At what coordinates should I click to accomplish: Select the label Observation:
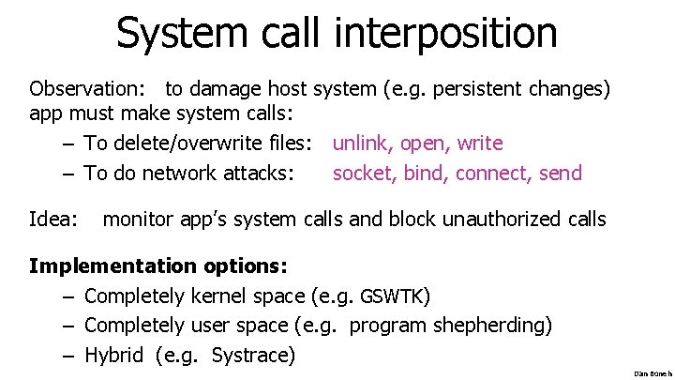pos(87,90)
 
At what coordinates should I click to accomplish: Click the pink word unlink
pos(363,144)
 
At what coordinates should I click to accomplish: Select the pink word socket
pos(363,174)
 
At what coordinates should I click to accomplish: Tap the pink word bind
pos(426,174)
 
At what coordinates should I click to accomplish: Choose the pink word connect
pos(496,174)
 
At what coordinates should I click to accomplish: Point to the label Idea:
pos(53,220)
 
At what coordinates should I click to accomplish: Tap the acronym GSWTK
pos(394,297)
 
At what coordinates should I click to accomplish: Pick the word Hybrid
pos(113,355)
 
